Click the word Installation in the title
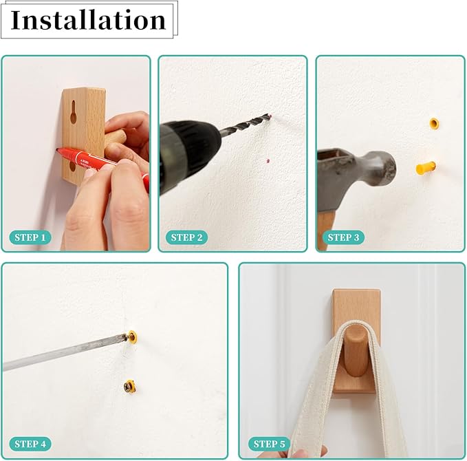tap(88, 20)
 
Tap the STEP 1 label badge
tap(30, 237)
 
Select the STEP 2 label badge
tap(187, 237)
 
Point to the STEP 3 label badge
tap(343, 237)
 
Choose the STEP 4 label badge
tap(30, 444)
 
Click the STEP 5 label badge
tap(269, 444)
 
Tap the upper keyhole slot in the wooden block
tap(74, 112)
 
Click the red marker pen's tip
tap(56, 149)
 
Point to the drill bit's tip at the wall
tap(270, 116)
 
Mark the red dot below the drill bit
tap(268, 161)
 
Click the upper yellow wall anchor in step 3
tap(434, 123)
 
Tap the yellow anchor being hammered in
tap(426, 168)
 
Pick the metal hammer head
tap(358, 173)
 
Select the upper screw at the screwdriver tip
tap(131, 336)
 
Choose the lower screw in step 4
tap(129, 386)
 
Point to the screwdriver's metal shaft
tap(64, 352)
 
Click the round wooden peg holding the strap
tap(356, 351)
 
